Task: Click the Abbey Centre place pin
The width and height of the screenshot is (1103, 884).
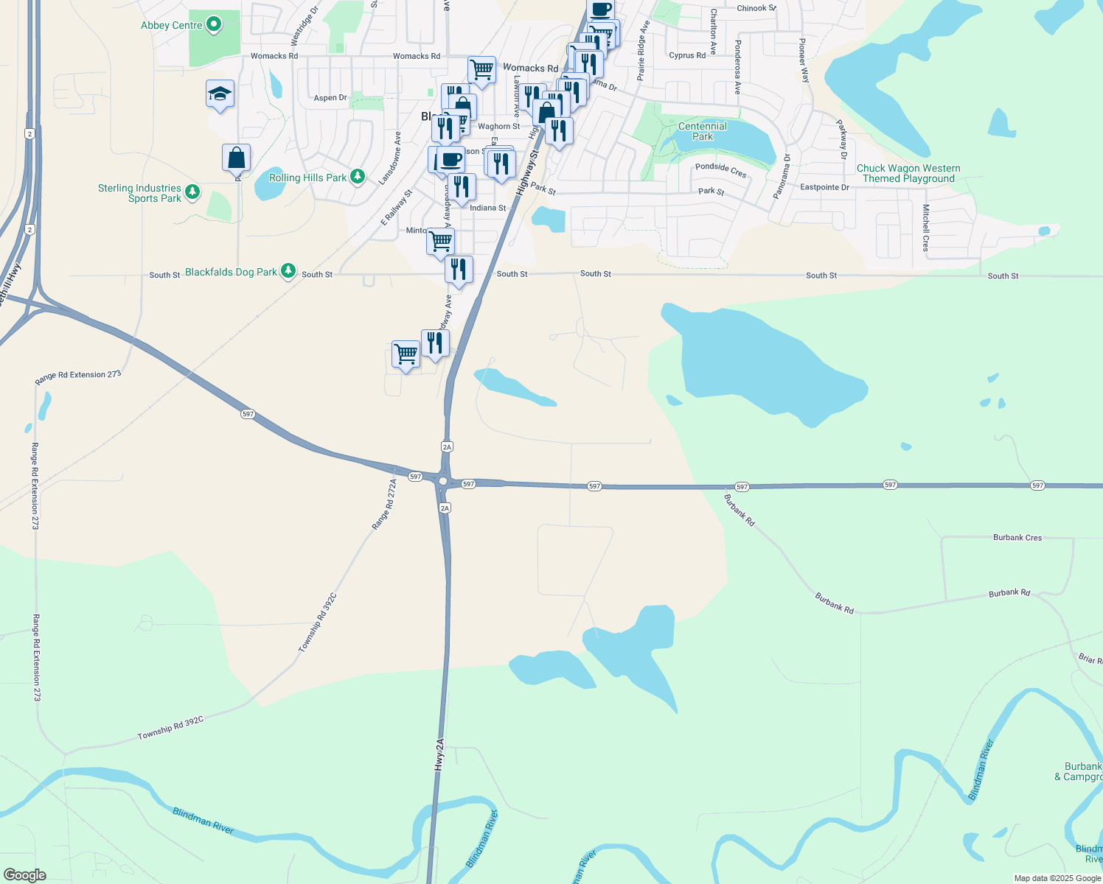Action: point(214,25)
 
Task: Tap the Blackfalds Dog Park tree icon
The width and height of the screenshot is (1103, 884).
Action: point(288,272)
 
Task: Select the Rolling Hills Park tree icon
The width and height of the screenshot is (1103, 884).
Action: point(358,176)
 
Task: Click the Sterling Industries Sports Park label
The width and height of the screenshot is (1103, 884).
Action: point(140,193)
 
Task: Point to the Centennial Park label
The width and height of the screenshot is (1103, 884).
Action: point(703,131)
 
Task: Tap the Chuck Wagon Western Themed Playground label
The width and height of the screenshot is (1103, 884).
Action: point(908,173)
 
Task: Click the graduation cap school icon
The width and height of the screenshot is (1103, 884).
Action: point(220,94)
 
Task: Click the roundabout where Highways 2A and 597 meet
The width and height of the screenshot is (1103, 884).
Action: point(442,481)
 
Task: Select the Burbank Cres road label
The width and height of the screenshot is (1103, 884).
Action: point(1017,538)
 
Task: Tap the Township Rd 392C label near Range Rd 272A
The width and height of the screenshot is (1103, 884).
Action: point(318,622)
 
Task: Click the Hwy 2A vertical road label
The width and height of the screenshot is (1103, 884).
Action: point(439,754)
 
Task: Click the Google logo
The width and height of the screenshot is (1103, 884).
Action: point(24,875)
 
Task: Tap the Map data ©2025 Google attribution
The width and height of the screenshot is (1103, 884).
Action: point(1057,878)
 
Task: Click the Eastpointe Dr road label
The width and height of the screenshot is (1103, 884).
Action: point(824,187)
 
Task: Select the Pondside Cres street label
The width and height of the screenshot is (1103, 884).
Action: point(720,170)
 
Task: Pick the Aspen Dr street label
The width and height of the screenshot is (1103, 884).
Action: point(330,98)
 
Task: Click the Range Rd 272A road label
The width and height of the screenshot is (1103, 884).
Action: point(384,504)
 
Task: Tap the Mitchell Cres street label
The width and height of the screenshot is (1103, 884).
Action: point(926,228)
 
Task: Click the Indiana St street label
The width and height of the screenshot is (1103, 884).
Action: point(488,208)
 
